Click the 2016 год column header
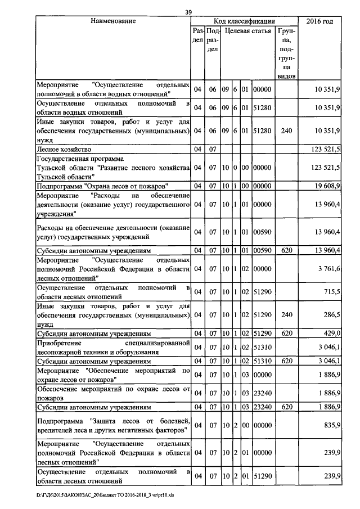319,21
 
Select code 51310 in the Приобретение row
262,348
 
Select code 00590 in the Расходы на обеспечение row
262,231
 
